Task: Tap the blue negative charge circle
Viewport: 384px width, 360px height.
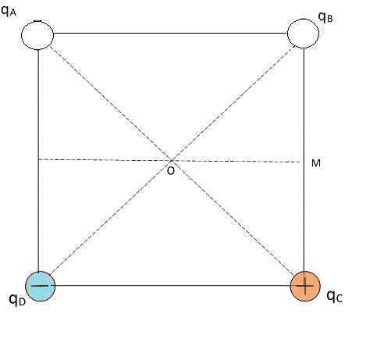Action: click(41, 286)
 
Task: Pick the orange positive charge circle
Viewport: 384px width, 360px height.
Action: click(305, 286)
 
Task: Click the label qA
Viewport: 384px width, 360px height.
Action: click(9, 11)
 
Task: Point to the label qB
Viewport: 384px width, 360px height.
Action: click(325, 17)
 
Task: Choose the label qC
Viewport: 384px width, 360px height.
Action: click(335, 296)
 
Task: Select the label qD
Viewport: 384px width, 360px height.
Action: click(17, 300)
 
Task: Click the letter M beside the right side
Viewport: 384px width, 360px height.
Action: click(316, 163)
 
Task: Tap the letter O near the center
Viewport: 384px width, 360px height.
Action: click(171, 171)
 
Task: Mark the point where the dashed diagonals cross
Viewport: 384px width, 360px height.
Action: click(172, 160)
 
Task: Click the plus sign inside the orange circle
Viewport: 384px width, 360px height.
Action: click(305, 286)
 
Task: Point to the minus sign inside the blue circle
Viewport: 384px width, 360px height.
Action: click(40, 286)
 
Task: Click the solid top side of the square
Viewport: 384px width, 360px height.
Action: click(170, 34)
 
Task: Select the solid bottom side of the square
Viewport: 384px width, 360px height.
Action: click(172, 286)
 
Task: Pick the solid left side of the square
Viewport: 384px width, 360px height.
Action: click(38, 160)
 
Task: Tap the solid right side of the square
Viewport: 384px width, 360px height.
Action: click(304, 160)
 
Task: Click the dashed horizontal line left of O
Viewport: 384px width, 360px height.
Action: click(105, 160)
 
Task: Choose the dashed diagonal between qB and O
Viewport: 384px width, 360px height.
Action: click(233, 103)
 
